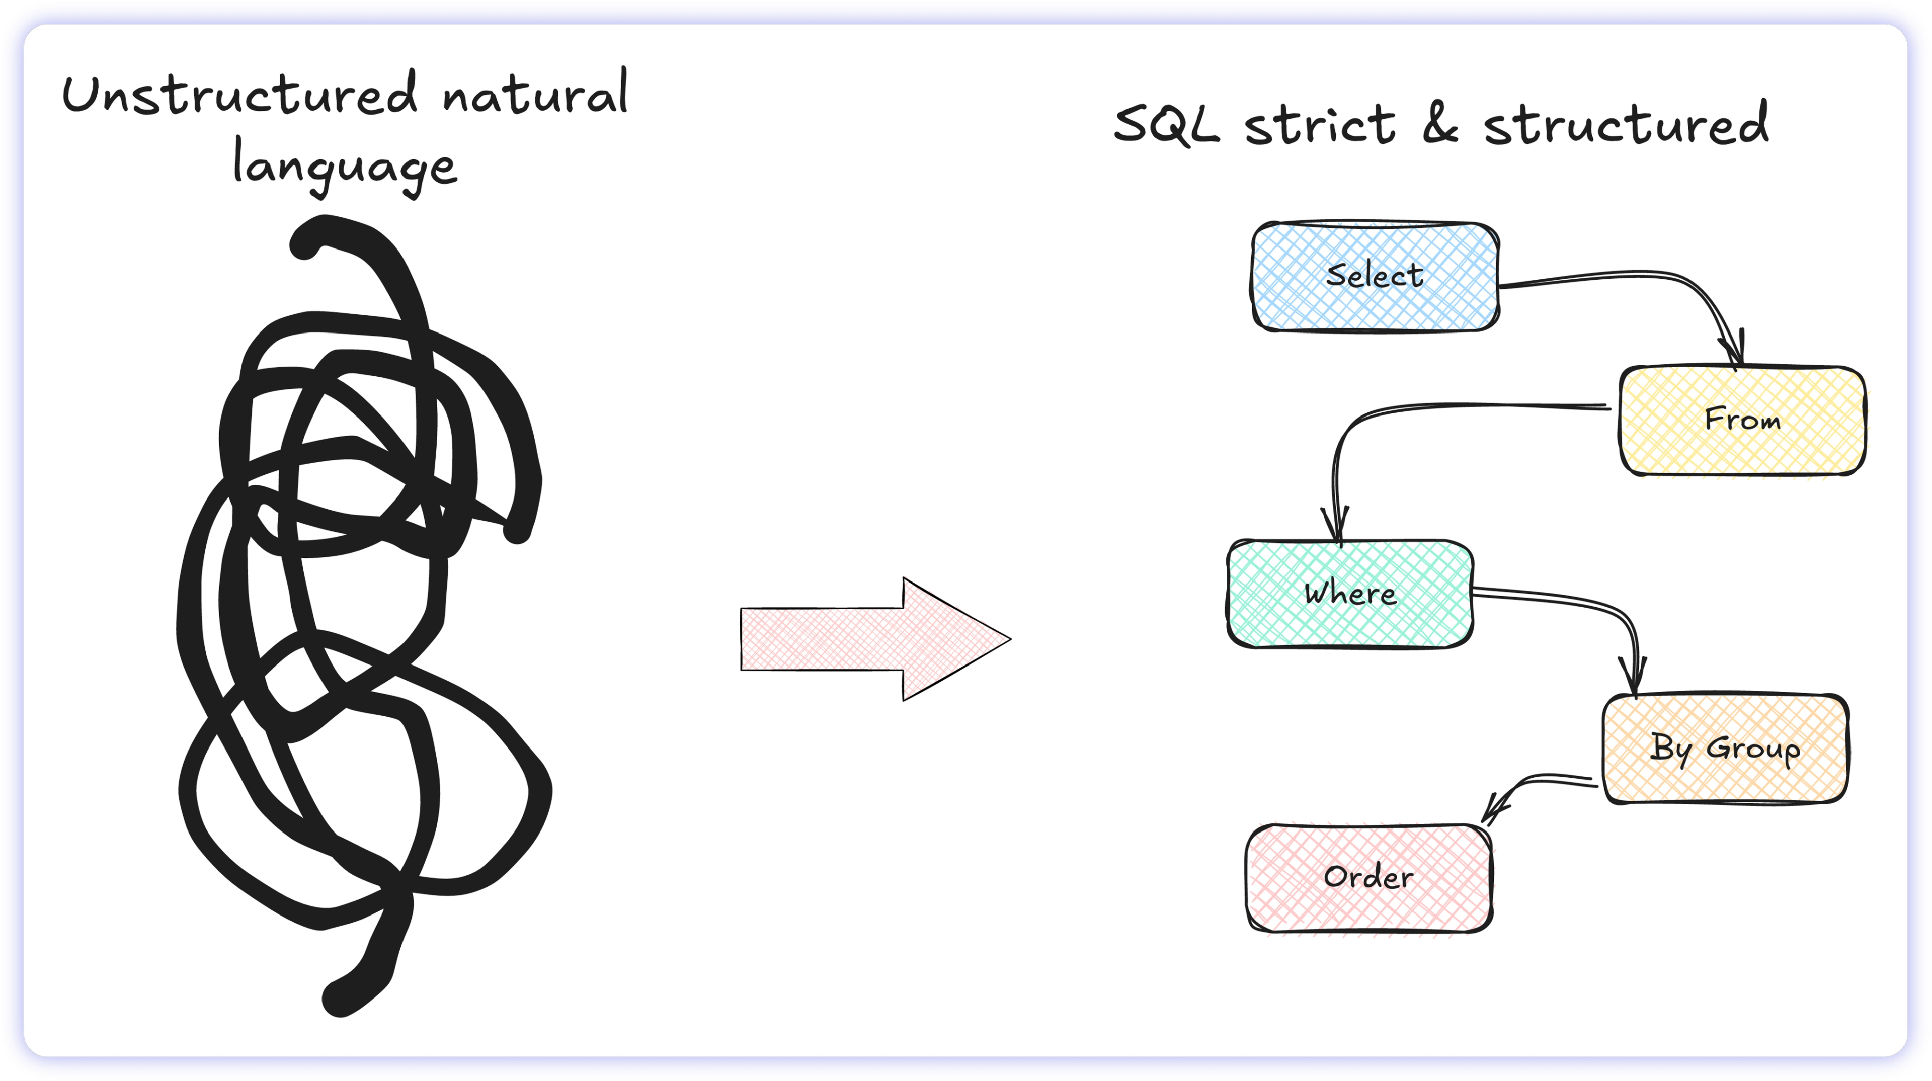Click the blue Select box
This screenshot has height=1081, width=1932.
(1375, 277)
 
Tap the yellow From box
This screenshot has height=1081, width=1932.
(1741, 420)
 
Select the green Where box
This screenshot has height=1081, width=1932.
(1350, 594)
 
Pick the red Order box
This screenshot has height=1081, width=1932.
(1369, 878)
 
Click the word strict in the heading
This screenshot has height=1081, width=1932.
(1320, 124)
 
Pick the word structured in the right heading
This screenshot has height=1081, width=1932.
(1626, 124)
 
